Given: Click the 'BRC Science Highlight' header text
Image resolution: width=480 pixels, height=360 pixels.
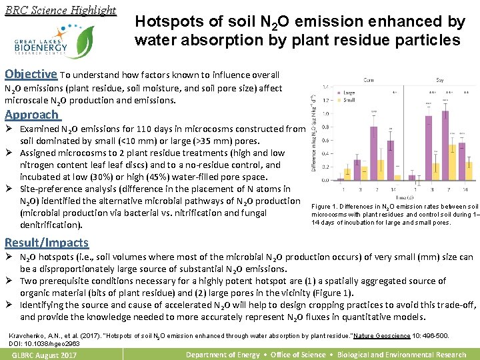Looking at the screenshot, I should [x=60, y=10].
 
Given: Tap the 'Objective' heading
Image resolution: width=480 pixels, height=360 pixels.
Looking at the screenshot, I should [x=31, y=74].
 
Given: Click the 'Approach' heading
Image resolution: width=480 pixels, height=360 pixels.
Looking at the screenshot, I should [x=31, y=114].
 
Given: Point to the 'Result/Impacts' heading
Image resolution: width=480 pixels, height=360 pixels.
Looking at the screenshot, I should [x=47, y=242].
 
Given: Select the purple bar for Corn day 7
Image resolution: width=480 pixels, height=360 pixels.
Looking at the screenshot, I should [x=374, y=160].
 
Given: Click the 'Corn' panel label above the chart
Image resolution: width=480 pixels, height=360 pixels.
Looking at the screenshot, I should [x=369, y=79].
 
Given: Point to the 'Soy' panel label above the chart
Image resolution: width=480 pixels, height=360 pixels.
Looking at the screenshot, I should [x=441, y=79].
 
